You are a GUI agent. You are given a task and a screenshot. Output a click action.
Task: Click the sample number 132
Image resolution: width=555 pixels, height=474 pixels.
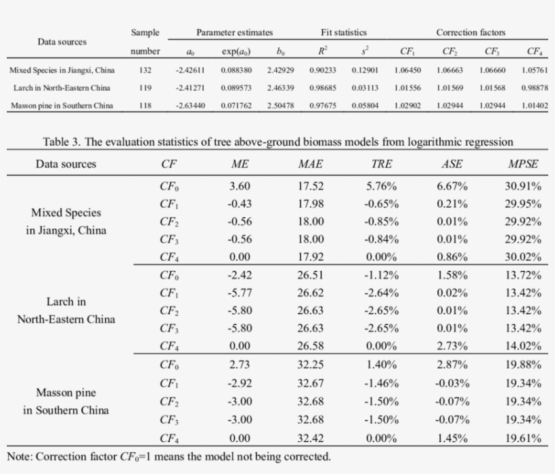tap(145, 70)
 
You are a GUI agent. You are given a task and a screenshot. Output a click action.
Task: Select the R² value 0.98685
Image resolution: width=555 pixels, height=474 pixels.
tap(322, 87)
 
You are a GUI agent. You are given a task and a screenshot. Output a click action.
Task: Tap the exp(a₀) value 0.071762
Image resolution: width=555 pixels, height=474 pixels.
tap(237, 106)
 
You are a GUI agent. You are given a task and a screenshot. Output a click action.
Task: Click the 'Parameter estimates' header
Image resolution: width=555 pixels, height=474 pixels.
tap(234, 33)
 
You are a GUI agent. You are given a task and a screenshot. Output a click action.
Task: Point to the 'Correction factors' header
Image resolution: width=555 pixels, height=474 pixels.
tap(470, 33)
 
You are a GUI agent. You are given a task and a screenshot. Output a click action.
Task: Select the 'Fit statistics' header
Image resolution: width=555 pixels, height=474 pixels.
tap(343, 33)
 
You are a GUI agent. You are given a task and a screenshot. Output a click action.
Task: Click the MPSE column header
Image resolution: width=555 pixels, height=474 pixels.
tap(524, 164)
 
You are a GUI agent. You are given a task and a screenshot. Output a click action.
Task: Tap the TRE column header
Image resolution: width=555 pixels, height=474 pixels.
tap(382, 164)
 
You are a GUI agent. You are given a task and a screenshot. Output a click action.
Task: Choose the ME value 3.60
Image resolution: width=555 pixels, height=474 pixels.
tap(240, 186)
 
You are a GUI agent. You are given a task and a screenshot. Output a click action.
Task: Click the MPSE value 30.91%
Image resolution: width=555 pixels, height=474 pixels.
tap(524, 186)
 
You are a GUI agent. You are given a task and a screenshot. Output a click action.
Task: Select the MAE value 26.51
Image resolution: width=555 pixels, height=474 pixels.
tap(310, 275)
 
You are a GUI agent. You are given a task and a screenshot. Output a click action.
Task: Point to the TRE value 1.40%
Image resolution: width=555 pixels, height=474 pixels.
tap(382, 364)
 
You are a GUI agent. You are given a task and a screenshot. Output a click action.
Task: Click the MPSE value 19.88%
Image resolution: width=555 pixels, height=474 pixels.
tap(524, 364)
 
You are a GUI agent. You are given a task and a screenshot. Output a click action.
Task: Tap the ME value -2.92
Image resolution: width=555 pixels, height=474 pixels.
tap(240, 383)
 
